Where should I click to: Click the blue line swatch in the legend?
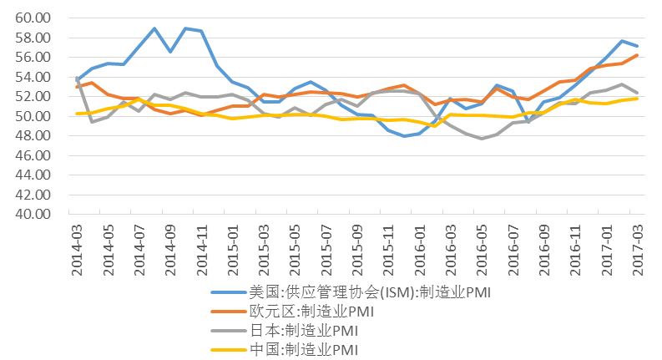pos(226,293)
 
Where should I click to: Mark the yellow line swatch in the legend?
pos(226,348)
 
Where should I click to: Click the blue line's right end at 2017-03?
pos(637,45)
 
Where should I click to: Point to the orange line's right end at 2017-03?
pos(637,55)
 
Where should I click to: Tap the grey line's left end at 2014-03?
pos(77,78)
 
